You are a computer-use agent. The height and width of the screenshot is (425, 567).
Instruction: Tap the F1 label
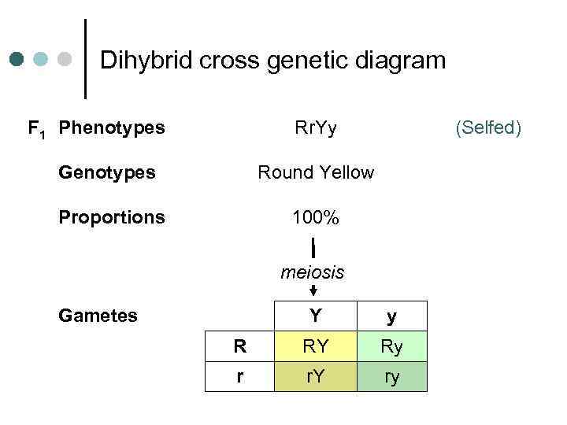pyautogui.click(x=36, y=128)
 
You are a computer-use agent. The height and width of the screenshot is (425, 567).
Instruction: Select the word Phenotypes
pyautogui.click(x=112, y=127)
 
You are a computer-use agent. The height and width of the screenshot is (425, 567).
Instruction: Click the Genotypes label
pyautogui.click(x=107, y=172)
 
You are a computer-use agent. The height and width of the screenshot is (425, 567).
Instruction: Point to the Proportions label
pyautogui.click(x=112, y=216)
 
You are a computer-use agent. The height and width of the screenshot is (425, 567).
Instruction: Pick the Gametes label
pyautogui.click(x=98, y=316)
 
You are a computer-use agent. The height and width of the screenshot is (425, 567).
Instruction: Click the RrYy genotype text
pyautogui.click(x=315, y=127)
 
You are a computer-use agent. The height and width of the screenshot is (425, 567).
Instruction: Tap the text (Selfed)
pyautogui.click(x=488, y=127)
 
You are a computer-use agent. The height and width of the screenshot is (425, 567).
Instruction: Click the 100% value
pyautogui.click(x=315, y=217)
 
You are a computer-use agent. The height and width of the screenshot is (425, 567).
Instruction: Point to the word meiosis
pyautogui.click(x=313, y=272)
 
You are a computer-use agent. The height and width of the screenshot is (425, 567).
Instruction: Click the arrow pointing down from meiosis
pyautogui.click(x=313, y=290)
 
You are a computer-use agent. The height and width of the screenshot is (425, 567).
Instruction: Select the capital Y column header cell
pyautogui.click(x=315, y=316)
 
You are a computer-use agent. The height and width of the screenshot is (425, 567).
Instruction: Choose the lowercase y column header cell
pyautogui.click(x=391, y=316)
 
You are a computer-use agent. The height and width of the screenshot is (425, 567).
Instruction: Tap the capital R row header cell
pyautogui.click(x=240, y=346)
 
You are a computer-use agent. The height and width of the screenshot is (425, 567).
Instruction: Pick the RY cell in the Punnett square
pyautogui.click(x=315, y=346)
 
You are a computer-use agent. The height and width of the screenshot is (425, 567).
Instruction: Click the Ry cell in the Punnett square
pyautogui.click(x=391, y=346)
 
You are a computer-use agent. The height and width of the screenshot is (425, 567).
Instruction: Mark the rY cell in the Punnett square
pyautogui.click(x=315, y=376)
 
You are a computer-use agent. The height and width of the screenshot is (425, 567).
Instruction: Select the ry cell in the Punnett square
pyautogui.click(x=391, y=376)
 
